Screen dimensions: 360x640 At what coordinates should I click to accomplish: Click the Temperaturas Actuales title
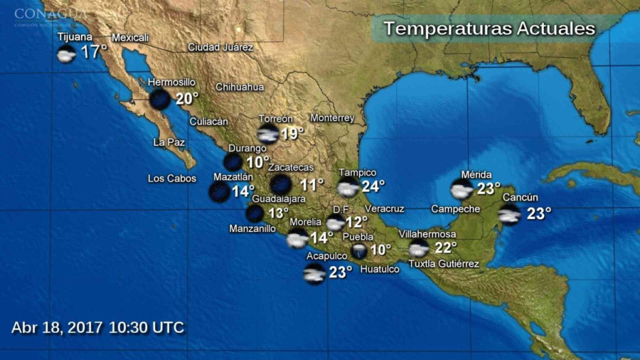489,29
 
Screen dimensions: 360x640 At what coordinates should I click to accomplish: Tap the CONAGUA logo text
50,14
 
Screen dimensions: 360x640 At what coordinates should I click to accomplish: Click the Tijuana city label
75,37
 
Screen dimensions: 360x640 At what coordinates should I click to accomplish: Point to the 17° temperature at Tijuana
94,52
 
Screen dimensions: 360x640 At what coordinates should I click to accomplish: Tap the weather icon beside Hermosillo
160,99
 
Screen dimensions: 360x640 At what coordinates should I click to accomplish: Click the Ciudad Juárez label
220,48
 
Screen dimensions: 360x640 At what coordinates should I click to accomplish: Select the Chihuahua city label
240,87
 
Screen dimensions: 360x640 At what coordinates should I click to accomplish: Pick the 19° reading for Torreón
292,133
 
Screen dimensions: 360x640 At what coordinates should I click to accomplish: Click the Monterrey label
332,118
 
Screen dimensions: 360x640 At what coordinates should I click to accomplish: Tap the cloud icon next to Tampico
348,188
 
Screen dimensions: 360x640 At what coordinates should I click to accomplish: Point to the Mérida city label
476,175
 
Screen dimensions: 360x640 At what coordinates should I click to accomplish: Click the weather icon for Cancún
509,214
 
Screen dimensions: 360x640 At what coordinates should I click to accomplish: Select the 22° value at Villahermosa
445,248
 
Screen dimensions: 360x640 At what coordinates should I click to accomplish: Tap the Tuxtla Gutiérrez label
443,264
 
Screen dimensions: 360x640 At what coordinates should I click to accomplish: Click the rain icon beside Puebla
359,251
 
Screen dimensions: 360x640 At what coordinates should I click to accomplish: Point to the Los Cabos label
172,179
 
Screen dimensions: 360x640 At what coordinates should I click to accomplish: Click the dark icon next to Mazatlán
219,192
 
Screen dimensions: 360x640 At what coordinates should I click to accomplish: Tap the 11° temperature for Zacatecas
312,184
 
